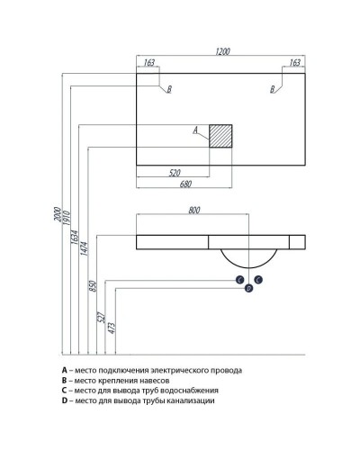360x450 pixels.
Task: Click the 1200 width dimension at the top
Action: pyautogui.click(x=222, y=51)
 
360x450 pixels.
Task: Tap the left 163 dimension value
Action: pyautogui.click(x=149, y=62)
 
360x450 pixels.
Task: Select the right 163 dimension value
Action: pyautogui.click(x=294, y=62)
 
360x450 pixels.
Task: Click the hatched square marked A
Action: pyautogui.click(x=220, y=136)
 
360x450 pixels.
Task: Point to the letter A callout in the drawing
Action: pyautogui.click(x=195, y=130)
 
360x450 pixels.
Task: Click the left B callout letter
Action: pyautogui.click(x=169, y=89)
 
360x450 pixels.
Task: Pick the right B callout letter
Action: pyautogui.click(x=273, y=89)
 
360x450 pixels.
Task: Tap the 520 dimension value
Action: pyautogui.click(x=175, y=173)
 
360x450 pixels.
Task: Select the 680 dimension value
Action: pyautogui.click(x=185, y=184)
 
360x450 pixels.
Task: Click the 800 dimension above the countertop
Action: pyautogui.click(x=194, y=211)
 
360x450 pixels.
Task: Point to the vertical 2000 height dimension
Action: pyautogui.click(x=58, y=214)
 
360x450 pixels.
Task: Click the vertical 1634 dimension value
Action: pyautogui.click(x=75, y=237)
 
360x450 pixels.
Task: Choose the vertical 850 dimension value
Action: pyautogui.click(x=93, y=286)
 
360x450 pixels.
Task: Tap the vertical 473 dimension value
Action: pyautogui.click(x=111, y=328)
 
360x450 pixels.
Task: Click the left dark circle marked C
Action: pyautogui.click(x=239, y=280)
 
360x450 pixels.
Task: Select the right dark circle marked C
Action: pyautogui.click(x=258, y=280)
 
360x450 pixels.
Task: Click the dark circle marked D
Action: pyautogui.click(x=248, y=288)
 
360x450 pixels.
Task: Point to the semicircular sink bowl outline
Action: pyautogui.click(x=249, y=267)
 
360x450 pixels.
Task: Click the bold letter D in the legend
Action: pyautogui.click(x=65, y=400)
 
